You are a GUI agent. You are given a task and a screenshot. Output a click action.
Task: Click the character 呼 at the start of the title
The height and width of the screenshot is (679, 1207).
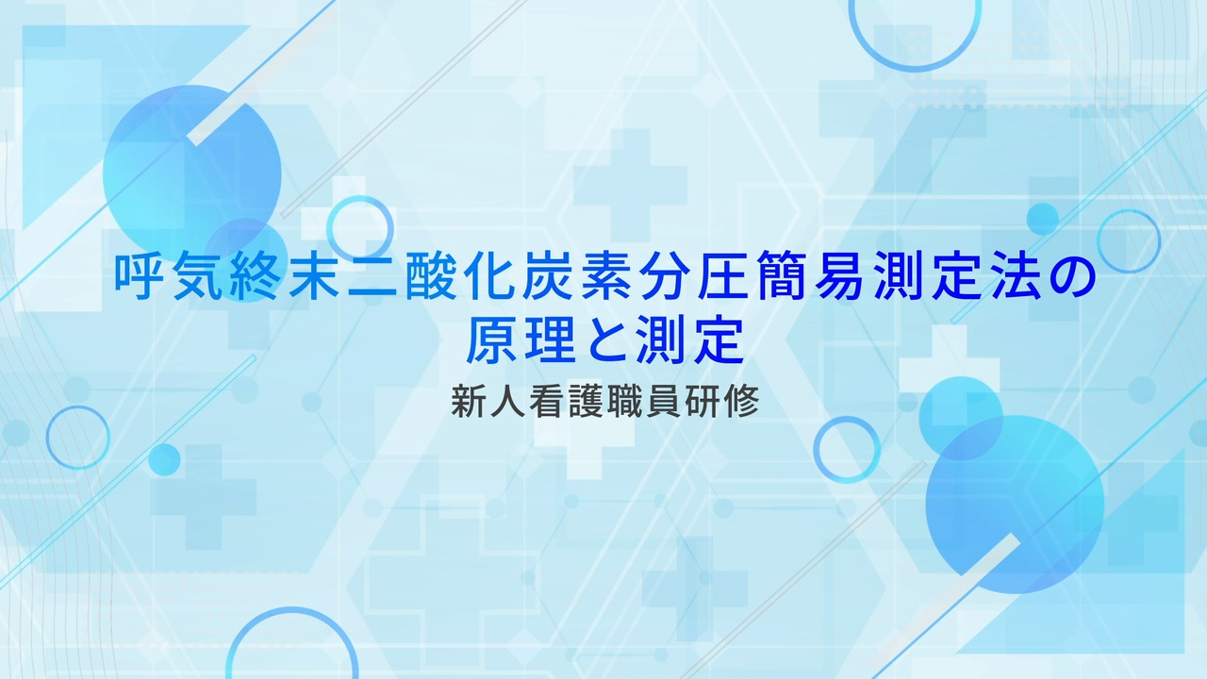(141, 277)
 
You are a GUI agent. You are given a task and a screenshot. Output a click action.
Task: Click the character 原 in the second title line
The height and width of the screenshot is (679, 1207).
(491, 339)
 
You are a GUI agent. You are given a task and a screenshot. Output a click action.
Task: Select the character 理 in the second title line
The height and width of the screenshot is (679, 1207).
(550, 339)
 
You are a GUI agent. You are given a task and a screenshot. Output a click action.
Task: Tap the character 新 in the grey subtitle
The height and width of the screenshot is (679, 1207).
(470, 402)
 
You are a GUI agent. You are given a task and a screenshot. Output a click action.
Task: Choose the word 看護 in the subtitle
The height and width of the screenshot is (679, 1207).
(567, 402)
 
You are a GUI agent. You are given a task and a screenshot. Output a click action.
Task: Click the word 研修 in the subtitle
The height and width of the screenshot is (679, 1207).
(721, 402)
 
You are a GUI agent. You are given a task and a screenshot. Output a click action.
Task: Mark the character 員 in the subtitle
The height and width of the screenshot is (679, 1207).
(663, 402)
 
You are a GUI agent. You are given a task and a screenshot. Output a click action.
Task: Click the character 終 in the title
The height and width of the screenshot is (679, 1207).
(257, 277)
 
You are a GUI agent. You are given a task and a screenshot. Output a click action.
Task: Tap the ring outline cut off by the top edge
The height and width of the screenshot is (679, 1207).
(915, 69)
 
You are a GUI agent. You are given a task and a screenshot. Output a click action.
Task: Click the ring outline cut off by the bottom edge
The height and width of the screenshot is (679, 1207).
(292, 610)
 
